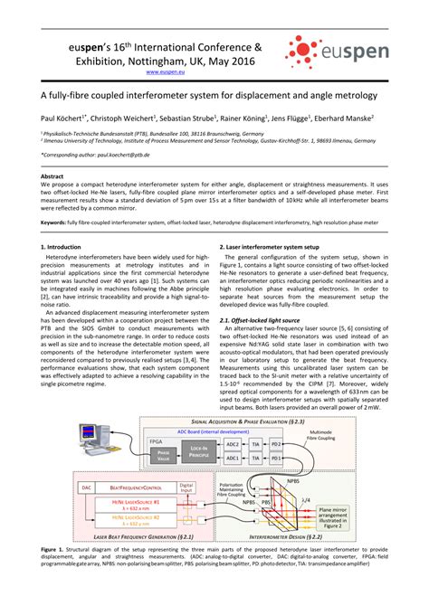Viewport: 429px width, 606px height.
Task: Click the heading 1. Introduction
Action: click(62, 246)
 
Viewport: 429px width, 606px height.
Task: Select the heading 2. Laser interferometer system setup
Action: click(274, 246)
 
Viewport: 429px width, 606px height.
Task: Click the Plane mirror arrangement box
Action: click(361, 516)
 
